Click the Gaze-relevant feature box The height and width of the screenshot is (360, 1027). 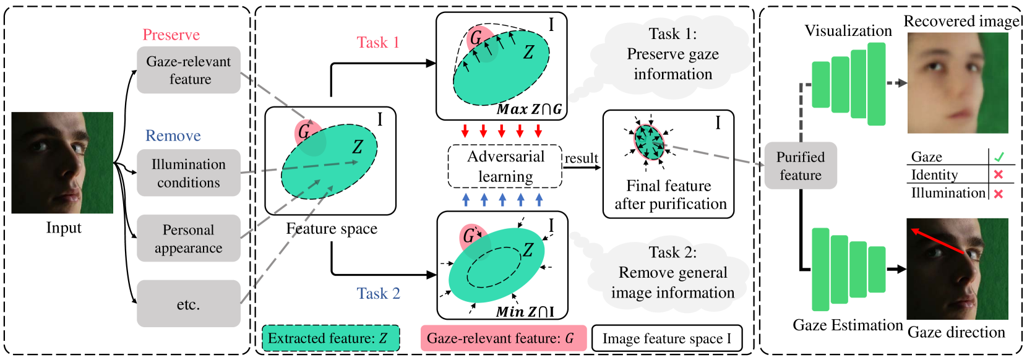pyautogui.click(x=189, y=70)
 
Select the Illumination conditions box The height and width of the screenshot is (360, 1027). pyautogui.click(x=189, y=173)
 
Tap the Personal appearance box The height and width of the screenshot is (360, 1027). pyautogui.click(x=189, y=238)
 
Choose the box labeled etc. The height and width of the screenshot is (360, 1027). pyautogui.click(x=189, y=304)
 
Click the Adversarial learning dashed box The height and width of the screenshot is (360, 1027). pyautogui.click(x=505, y=166)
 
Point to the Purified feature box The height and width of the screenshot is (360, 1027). pyautogui.click(x=801, y=166)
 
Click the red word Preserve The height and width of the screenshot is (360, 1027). pyautogui.click(x=171, y=35)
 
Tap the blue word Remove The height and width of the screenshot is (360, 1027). pyautogui.click(x=173, y=135)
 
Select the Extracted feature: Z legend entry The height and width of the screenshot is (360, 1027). pyautogui.click(x=330, y=338)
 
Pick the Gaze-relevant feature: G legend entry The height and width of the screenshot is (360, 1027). pyautogui.click(x=503, y=338)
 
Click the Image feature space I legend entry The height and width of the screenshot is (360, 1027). pyautogui.click(x=666, y=338)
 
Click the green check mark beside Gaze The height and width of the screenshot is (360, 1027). pyautogui.click(x=999, y=156)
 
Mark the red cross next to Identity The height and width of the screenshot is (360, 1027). pyautogui.click(x=998, y=175)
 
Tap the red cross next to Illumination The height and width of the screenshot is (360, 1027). pyautogui.click(x=998, y=194)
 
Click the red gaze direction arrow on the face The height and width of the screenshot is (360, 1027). pyautogui.click(x=938, y=242)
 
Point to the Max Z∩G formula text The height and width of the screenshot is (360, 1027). pyautogui.click(x=530, y=109)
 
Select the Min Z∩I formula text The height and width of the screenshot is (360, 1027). pyautogui.click(x=525, y=312)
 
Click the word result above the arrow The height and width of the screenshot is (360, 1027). pyautogui.click(x=582, y=158)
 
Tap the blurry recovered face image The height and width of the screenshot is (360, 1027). pyautogui.click(x=958, y=83)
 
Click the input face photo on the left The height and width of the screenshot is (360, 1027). pyautogui.click(x=62, y=163)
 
